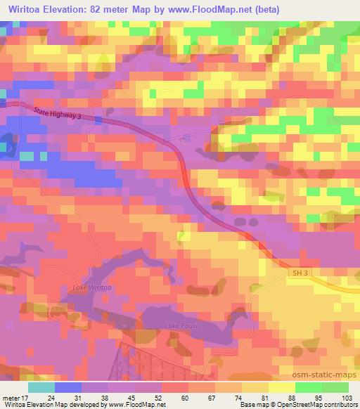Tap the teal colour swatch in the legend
point(41,387)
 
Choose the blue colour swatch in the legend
point(68,387)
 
